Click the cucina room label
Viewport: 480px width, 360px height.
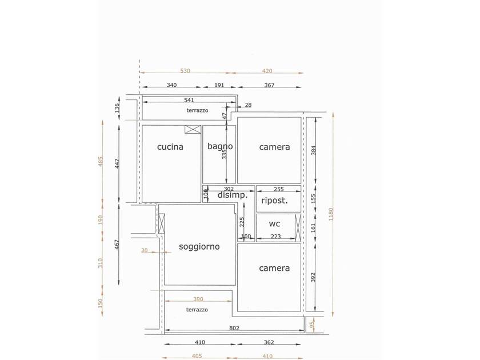point(170,147)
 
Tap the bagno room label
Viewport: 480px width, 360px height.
point(220,146)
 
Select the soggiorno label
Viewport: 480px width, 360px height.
point(199,247)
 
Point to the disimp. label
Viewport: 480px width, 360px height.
point(233,195)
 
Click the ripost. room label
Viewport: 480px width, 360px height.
point(275,201)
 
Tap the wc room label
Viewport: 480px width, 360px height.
point(274,224)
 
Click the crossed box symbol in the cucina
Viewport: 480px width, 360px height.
point(193,129)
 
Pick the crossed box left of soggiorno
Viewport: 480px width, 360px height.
point(162,223)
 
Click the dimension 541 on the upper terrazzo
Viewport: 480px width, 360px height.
point(189,100)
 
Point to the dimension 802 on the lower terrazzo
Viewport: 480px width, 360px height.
point(234,328)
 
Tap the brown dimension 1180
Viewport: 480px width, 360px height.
point(331,214)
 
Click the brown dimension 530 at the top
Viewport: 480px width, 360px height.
point(185,71)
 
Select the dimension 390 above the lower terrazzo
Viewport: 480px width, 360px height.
point(198,299)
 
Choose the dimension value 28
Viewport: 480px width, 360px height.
point(248,105)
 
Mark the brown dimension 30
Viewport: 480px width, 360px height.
point(144,250)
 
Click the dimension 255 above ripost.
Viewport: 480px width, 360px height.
point(279,189)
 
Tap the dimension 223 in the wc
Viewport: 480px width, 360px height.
point(276,237)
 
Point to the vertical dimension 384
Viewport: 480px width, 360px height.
point(313,150)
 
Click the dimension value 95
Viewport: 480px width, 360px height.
point(312,325)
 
